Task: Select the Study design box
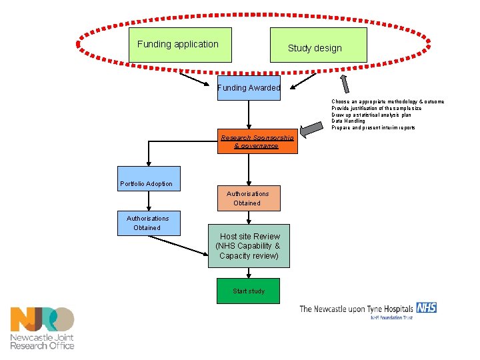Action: point(318,45)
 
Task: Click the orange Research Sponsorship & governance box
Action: point(257,141)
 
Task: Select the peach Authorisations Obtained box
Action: point(248,198)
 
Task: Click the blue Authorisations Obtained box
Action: point(148,223)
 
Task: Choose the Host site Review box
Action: point(249,246)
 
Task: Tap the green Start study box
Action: point(249,291)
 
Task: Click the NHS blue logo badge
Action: point(426,307)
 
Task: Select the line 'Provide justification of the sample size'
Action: point(376,108)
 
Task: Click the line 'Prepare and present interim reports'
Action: point(373,127)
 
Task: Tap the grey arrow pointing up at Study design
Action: point(345,83)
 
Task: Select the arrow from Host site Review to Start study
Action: point(249,273)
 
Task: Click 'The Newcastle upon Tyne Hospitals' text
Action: point(356,309)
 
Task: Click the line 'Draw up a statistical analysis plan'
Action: point(371,115)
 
